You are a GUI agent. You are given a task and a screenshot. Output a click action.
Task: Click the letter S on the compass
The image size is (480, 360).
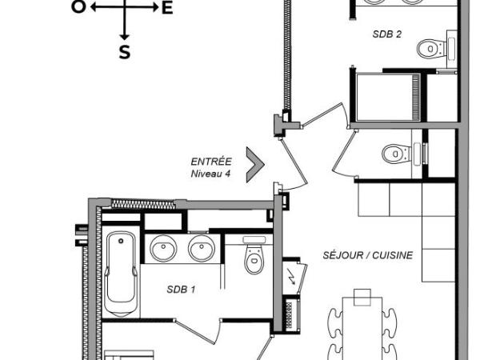[125, 52]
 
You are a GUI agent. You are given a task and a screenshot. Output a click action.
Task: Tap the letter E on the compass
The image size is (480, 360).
[167, 8]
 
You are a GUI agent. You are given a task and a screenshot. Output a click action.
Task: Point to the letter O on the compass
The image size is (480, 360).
[78, 6]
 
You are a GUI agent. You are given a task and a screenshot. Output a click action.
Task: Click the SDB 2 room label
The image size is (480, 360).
[386, 34]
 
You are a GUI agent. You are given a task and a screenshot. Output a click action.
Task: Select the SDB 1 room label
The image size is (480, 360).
[181, 290]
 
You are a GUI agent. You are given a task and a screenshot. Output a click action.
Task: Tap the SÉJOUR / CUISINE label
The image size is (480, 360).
[368, 255]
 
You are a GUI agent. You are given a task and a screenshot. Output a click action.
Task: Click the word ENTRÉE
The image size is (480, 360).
[211, 162]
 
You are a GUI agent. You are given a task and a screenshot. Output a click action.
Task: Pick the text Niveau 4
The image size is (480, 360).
[210, 174]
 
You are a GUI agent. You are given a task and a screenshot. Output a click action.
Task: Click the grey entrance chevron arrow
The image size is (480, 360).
[255, 165]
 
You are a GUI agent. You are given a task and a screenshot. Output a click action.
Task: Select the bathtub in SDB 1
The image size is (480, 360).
[121, 274]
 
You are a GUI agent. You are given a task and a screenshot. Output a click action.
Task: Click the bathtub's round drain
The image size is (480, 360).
[121, 241]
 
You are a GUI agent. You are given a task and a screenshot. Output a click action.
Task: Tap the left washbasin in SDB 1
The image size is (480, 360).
[163, 248]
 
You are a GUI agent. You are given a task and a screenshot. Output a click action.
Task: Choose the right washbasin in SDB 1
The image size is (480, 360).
[202, 248]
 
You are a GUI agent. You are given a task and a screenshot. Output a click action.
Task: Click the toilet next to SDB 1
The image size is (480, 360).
[254, 256]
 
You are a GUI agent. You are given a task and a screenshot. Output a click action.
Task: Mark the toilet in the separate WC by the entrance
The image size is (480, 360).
[402, 153]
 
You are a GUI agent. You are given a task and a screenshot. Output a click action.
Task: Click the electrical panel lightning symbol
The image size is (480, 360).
[292, 277]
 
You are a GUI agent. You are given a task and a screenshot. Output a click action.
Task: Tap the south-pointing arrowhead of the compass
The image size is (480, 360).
[124, 37]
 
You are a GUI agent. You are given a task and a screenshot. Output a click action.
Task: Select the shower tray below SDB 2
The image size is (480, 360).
[389, 97]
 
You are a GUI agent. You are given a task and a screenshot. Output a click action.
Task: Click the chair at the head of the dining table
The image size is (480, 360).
[362, 297]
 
